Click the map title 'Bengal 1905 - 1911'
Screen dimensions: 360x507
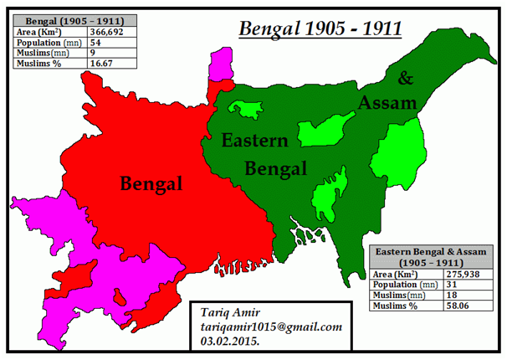(x=321, y=28)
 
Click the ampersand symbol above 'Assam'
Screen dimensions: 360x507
(x=405, y=79)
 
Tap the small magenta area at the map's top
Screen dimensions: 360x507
(x=221, y=63)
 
